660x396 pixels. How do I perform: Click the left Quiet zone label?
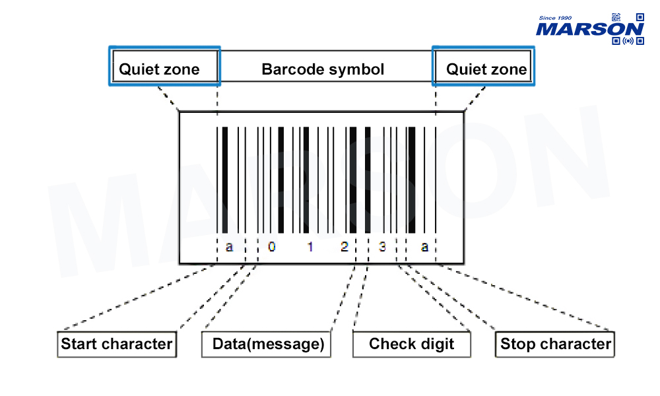click(x=159, y=69)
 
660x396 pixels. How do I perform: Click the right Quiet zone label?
click(x=486, y=69)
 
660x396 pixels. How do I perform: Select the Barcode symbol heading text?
click(x=323, y=69)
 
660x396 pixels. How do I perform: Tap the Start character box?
click(x=117, y=344)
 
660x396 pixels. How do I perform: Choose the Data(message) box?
click(x=268, y=344)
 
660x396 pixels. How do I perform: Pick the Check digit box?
click(x=412, y=344)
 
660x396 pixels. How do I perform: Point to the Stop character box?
click(x=555, y=344)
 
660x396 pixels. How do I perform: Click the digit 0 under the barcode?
click(x=271, y=247)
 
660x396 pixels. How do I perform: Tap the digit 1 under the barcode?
click(x=310, y=247)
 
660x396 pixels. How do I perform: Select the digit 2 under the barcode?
click(x=344, y=247)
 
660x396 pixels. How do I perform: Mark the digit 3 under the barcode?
click(x=382, y=247)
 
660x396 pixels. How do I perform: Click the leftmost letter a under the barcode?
click(x=229, y=247)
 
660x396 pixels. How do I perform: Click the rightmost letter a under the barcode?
click(x=424, y=247)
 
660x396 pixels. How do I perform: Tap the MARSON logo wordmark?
click(x=589, y=29)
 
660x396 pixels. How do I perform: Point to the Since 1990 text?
click(x=555, y=18)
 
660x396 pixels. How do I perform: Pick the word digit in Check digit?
click(x=438, y=344)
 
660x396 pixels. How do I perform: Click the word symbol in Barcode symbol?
click(x=357, y=69)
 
